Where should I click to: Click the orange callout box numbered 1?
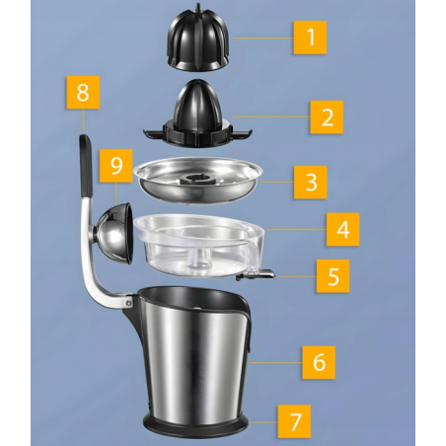(310, 37)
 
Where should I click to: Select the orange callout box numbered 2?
(327, 117)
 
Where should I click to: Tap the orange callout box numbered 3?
(310, 182)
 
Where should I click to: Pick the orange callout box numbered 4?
(342, 229)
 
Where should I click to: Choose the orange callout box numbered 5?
(333, 276)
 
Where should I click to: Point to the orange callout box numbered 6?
(319, 362)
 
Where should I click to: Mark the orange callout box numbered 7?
(294, 421)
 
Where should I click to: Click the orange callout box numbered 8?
(83, 92)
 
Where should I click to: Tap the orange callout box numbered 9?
(116, 166)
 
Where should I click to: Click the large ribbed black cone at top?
(197, 37)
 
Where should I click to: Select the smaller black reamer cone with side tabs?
(197, 116)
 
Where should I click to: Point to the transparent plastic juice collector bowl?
(201, 245)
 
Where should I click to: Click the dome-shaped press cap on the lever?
(114, 233)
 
